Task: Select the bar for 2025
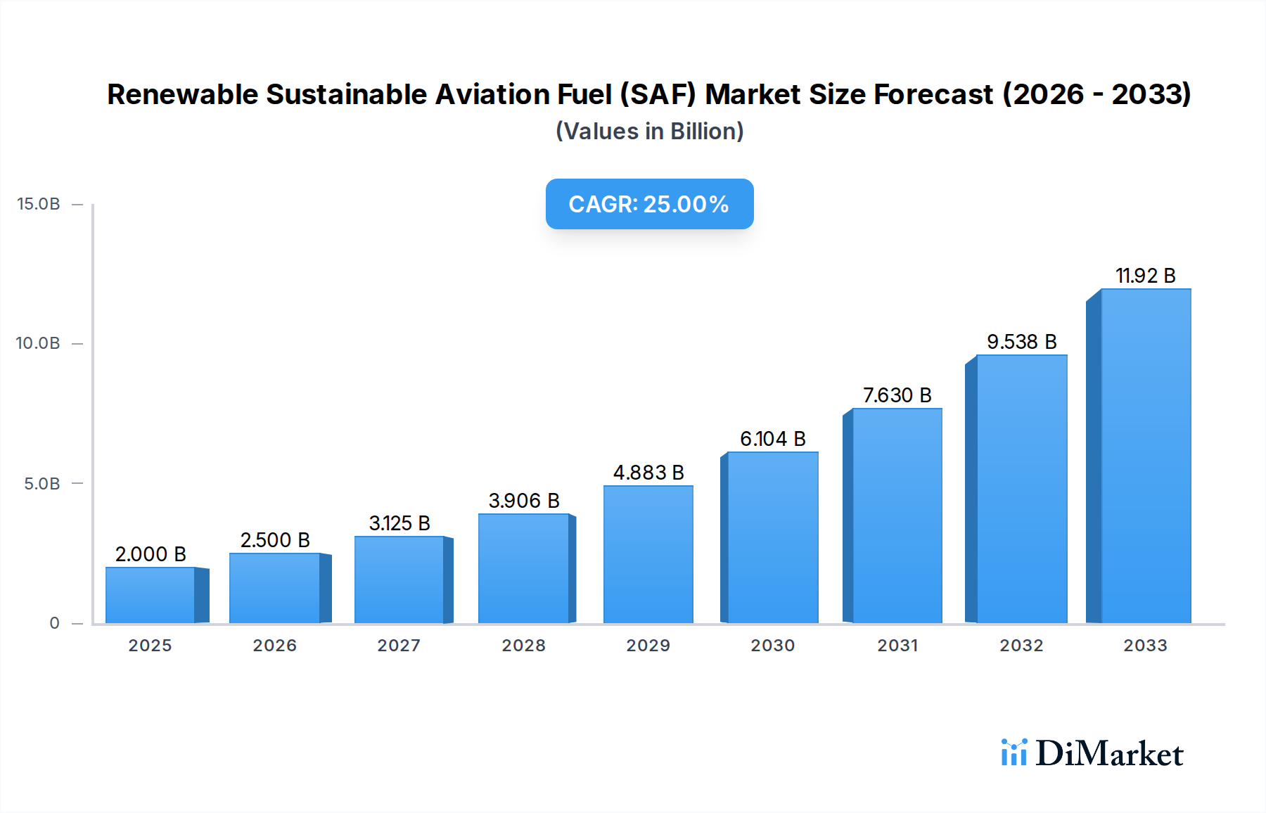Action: click(150, 595)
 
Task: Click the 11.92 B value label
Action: click(1145, 276)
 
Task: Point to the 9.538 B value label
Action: click(1021, 342)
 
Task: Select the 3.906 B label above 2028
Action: click(524, 501)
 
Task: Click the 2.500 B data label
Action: click(275, 540)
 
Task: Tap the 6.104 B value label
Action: click(772, 439)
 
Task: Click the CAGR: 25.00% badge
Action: click(649, 204)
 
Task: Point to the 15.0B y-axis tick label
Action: click(39, 204)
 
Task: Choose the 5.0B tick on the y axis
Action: click(42, 484)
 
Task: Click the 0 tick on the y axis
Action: click(54, 623)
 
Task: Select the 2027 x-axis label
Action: click(399, 646)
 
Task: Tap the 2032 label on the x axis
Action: click(1021, 646)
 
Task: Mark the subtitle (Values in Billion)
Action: click(649, 132)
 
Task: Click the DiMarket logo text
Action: click(1109, 754)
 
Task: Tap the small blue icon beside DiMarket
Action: click(1014, 753)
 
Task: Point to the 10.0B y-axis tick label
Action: click(39, 343)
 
